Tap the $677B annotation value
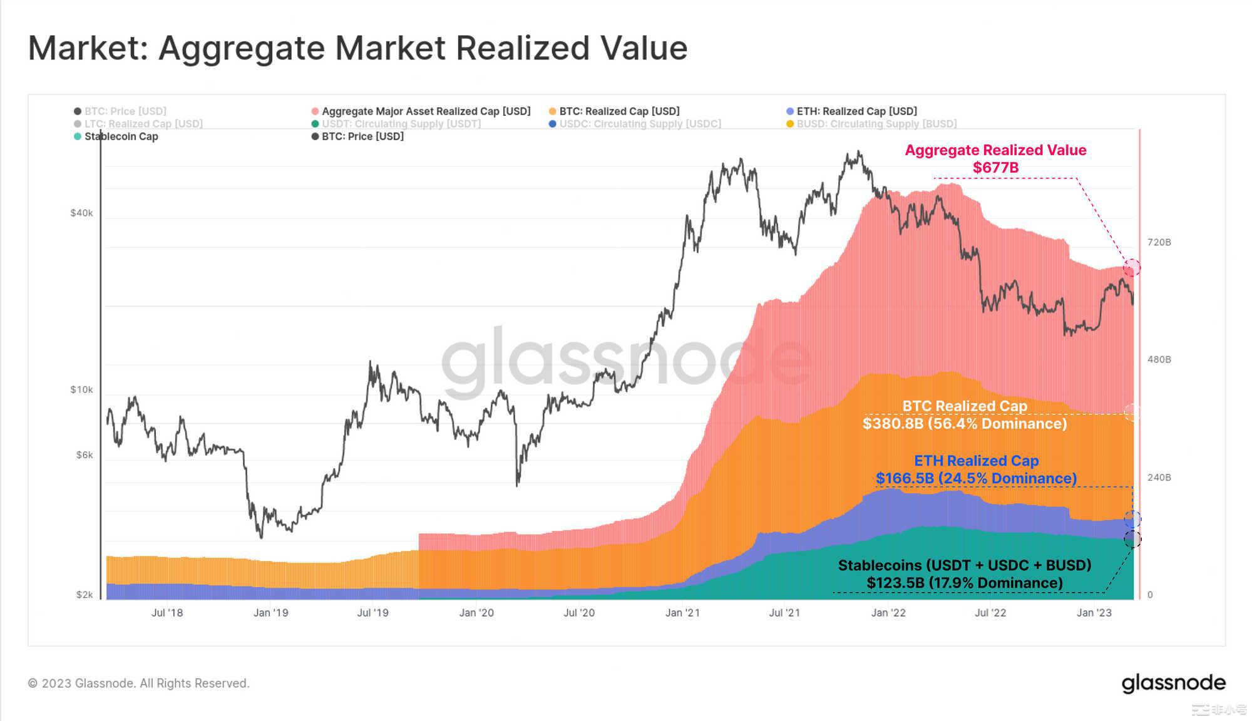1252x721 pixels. [995, 168]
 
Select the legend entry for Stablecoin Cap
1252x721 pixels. [121, 136]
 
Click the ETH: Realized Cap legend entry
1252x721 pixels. [856, 111]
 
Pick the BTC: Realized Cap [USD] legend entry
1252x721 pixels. [618, 111]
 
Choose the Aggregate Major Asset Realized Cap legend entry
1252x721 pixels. [426, 111]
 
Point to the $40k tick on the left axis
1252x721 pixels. [81, 213]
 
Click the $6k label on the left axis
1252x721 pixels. [85, 455]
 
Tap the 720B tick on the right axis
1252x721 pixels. [1159, 242]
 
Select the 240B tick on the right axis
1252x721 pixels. [1159, 478]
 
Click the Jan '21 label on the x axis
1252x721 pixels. [682, 613]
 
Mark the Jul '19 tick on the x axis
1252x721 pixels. [372, 613]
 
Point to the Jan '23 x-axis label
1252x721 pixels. [1094, 613]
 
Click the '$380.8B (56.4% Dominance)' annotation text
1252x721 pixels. [965, 424]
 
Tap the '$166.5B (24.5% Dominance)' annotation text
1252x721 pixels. [976, 479]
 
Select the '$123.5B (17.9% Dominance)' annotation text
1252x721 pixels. [965, 583]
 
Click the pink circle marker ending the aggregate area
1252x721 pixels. [1132, 268]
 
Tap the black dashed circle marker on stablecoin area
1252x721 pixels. [1132, 539]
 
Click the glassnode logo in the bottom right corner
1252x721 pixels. [1173, 683]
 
